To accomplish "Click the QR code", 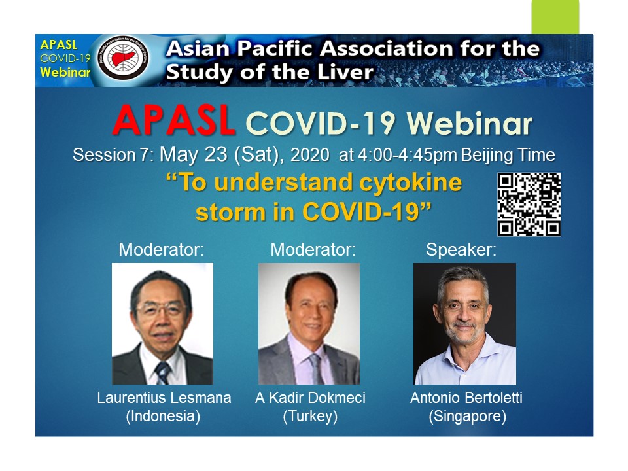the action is tap(529, 204).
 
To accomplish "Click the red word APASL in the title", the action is tap(173, 120).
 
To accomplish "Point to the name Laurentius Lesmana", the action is tap(164, 398).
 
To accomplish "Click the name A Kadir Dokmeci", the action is tap(310, 398).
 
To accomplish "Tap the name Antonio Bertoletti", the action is tap(466, 398).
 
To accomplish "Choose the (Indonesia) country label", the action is tap(163, 416).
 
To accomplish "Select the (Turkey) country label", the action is tap(310, 416).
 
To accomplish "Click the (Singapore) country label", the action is tap(467, 416).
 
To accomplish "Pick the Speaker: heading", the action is tap(461, 250).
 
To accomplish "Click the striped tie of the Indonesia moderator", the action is tap(163, 372).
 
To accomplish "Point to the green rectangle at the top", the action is tap(555, 17).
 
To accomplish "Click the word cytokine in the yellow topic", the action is tap(411, 183).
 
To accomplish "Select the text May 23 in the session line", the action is tap(194, 154).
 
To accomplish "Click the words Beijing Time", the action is tap(508, 156).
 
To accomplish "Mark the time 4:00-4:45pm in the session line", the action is tap(408, 156).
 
